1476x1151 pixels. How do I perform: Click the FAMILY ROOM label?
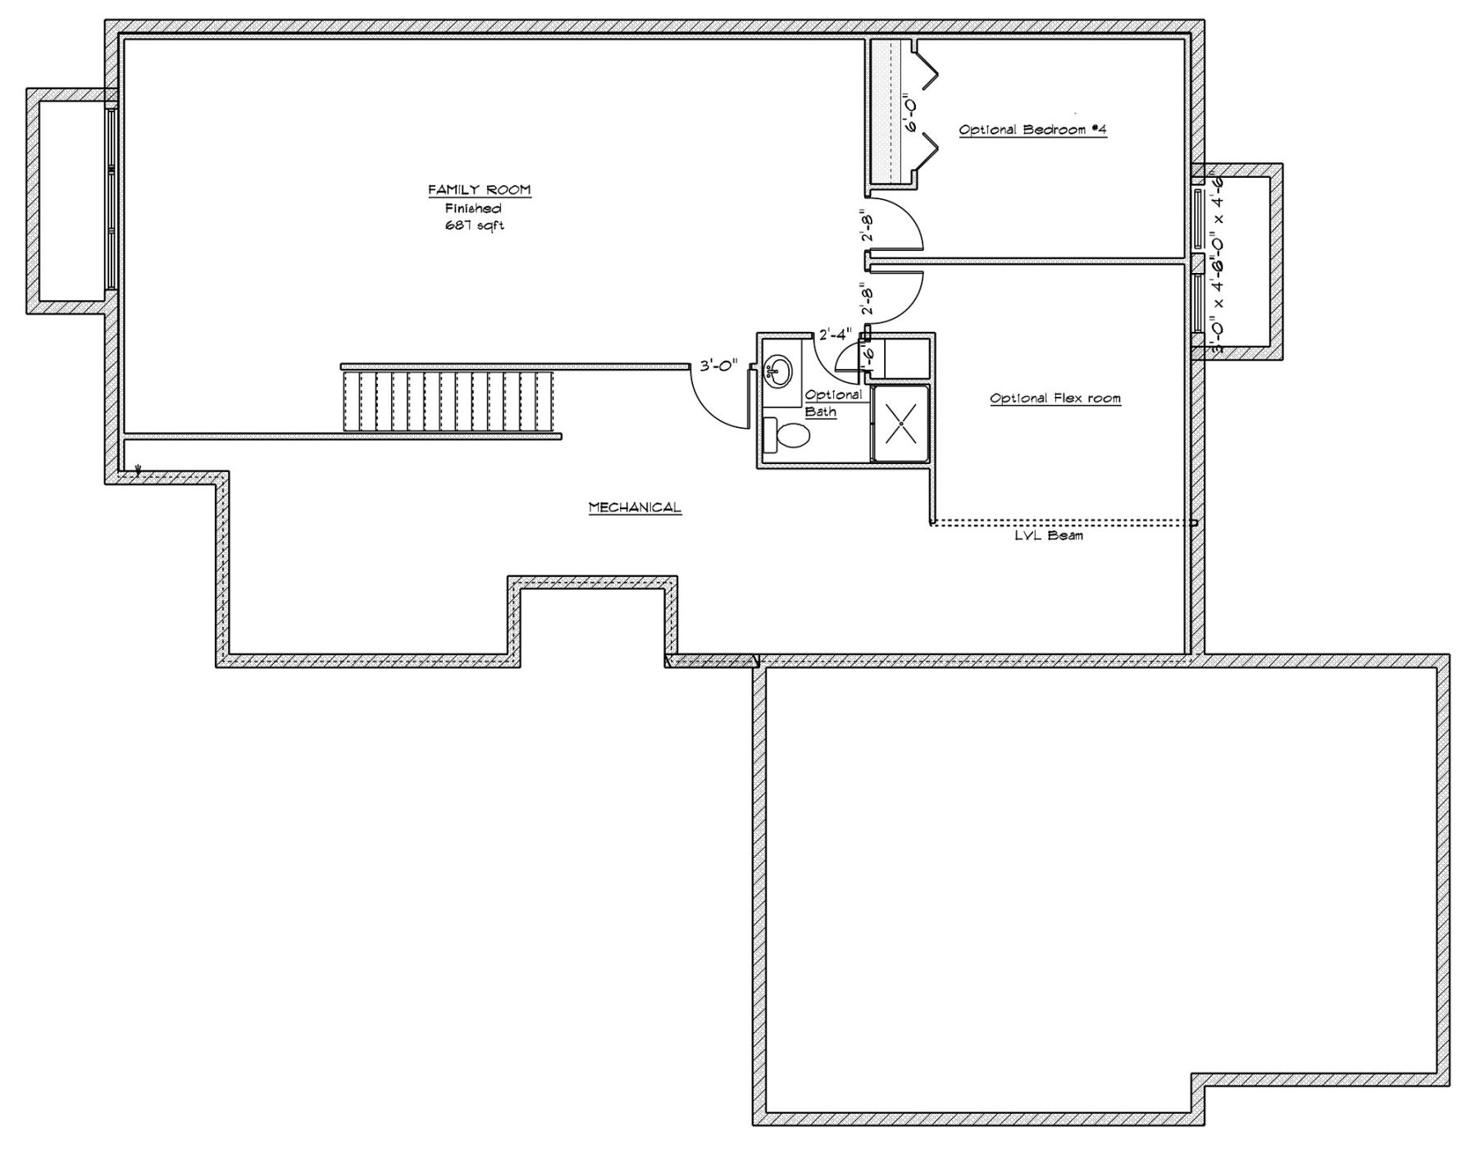pos(480,190)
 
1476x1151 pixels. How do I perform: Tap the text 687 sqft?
pos(474,225)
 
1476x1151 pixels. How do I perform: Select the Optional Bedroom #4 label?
pos(1032,130)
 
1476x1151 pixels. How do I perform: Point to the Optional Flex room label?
pos(1055,398)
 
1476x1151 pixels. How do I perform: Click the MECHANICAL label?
pos(635,507)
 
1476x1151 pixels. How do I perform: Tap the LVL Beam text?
pos(1049,535)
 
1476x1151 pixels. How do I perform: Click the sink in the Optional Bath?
pos(777,372)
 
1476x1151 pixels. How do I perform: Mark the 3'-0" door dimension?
pos(719,366)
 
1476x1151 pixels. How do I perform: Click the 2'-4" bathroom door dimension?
pos(836,334)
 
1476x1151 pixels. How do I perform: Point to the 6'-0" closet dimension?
pos(909,115)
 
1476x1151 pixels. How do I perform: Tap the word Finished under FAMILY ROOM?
pos(473,209)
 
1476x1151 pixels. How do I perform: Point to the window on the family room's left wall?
pos(111,199)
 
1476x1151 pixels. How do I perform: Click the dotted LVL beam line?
pos(1062,522)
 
